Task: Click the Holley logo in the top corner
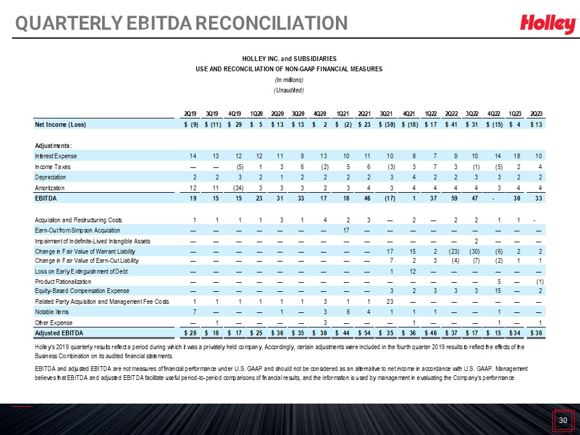[548, 24]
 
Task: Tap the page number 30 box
[562, 420]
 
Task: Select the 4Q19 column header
[234, 114]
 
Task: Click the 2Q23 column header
[536, 114]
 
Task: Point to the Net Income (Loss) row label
[60, 124]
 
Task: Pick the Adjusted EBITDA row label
[59, 333]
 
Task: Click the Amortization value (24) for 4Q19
[238, 188]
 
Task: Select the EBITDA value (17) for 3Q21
[390, 198]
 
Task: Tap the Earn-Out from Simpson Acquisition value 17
[346, 230]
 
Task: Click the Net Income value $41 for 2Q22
[451, 124]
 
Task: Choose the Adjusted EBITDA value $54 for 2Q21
[364, 333]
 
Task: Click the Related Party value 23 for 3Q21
[390, 301]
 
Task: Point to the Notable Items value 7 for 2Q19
[195, 312]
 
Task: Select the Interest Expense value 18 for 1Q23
[517, 156]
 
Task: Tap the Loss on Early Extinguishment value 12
[413, 271]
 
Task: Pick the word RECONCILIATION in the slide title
[271, 23]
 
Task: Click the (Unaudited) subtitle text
[289, 90]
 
